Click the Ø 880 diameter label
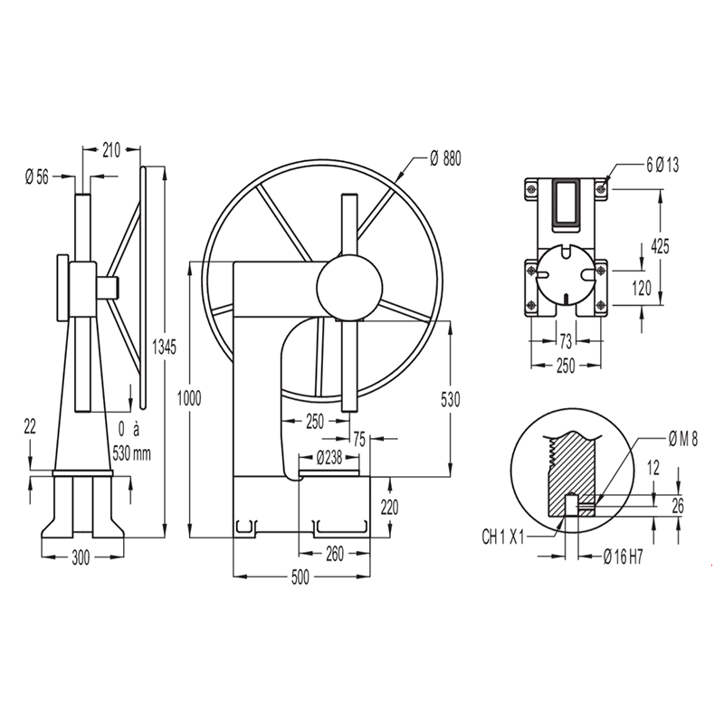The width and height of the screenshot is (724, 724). click(445, 159)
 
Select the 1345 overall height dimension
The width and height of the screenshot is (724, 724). click(165, 347)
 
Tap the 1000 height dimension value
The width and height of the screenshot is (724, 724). click(189, 398)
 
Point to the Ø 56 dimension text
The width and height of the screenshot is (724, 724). click(37, 176)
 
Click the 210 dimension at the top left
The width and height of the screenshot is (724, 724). click(111, 150)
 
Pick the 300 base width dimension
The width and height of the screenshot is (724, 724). click(81, 558)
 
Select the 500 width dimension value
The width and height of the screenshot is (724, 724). click(300, 577)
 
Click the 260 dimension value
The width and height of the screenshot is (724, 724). click(335, 554)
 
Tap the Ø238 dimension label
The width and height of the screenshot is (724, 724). click(329, 458)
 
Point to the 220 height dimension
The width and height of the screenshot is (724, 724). click(389, 508)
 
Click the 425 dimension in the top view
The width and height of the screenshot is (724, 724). click(660, 246)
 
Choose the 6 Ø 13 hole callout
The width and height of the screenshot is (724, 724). click(662, 165)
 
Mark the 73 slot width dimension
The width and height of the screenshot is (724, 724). click(566, 342)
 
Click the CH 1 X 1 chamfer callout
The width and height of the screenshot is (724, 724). click(503, 537)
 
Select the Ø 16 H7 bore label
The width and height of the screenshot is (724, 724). click(623, 557)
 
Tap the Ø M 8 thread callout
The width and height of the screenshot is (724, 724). click(683, 440)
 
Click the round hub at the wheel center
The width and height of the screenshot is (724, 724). click(349, 287)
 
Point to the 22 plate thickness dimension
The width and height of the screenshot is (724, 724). click(30, 426)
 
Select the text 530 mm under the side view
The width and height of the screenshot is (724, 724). click(131, 453)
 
